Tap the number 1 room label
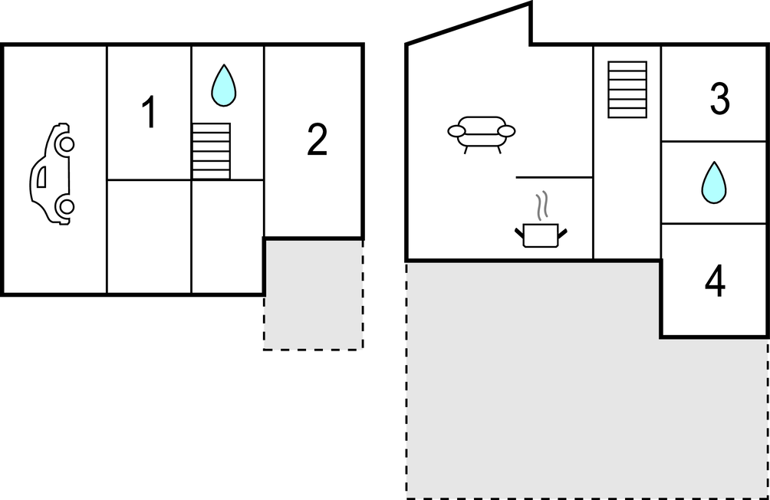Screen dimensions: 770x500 (149, 112)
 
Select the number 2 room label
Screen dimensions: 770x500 (317, 140)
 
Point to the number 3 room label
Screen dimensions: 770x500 (720, 99)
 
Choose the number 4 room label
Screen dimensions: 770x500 (715, 281)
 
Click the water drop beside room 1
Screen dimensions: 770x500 (223, 85)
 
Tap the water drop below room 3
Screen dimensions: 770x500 (714, 183)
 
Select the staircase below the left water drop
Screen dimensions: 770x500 (211, 151)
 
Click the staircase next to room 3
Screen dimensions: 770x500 (627, 90)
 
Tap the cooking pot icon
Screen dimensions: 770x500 (541, 235)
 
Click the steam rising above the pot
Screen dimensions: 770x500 (541, 206)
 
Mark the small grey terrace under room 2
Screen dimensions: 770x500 (314, 294)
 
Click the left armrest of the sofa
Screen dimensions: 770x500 (456, 131)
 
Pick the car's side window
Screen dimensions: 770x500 (41, 177)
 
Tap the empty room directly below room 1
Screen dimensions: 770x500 (149, 237)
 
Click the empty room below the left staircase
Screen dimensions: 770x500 (227, 237)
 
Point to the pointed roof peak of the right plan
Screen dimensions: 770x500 (531, 3)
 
